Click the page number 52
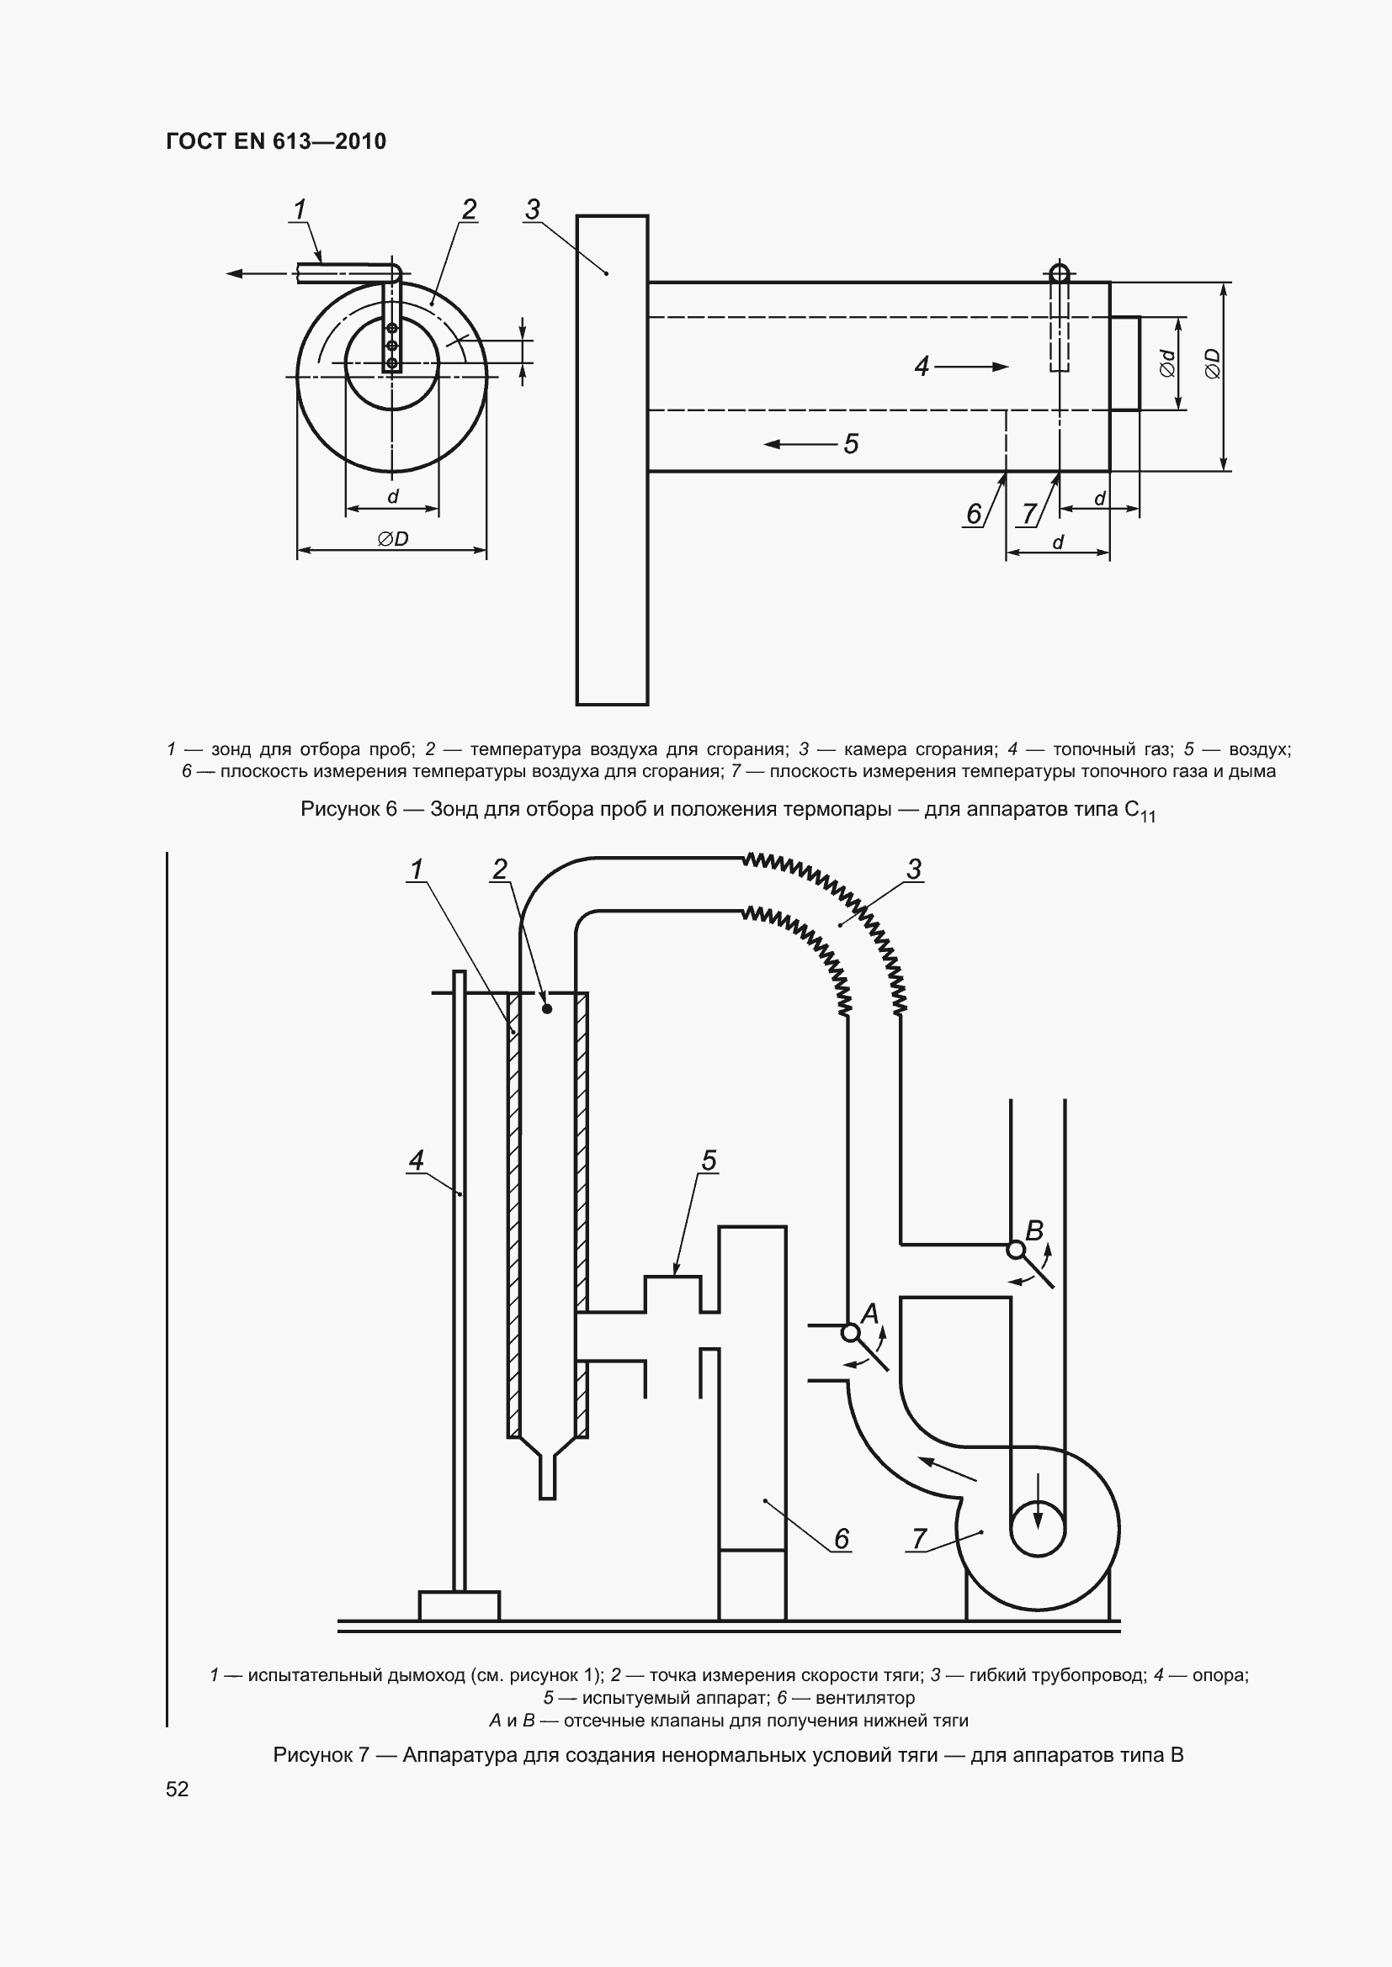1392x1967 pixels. tap(178, 1790)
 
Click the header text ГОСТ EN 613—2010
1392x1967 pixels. tap(276, 141)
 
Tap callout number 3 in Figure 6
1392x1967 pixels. tap(532, 209)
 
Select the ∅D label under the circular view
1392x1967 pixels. tap(392, 539)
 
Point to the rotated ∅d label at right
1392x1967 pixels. tap(1166, 363)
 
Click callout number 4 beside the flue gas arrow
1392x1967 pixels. tap(922, 367)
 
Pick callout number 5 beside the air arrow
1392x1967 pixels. tap(851, 444)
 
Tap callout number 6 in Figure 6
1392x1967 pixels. tap(974, 513)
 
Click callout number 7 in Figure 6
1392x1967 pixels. tap(1029, 513)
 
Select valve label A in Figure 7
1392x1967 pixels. tap(870, 1314)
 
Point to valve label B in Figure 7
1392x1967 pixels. tap(1034, 1231)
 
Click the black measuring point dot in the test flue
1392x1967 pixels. tap(547, 1009)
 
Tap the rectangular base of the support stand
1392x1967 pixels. tap(460, 1605)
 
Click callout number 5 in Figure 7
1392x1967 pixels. tap(709, 1160)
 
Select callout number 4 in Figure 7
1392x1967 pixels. tap(417, 1160)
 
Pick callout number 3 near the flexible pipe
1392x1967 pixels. tap(914, 869)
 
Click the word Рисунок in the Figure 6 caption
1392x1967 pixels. tap(339, 809)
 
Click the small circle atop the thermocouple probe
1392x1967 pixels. tap(1060, 273)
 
